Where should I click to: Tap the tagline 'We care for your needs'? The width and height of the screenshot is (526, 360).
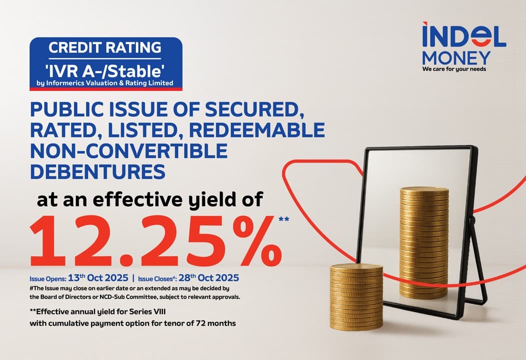(x=454, y=69)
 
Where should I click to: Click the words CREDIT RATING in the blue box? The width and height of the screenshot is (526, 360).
(x=105, y=48)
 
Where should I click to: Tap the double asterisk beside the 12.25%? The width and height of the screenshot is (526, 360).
(x=283, y=219)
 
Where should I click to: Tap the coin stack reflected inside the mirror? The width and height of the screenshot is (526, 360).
(x=423, y=240)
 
